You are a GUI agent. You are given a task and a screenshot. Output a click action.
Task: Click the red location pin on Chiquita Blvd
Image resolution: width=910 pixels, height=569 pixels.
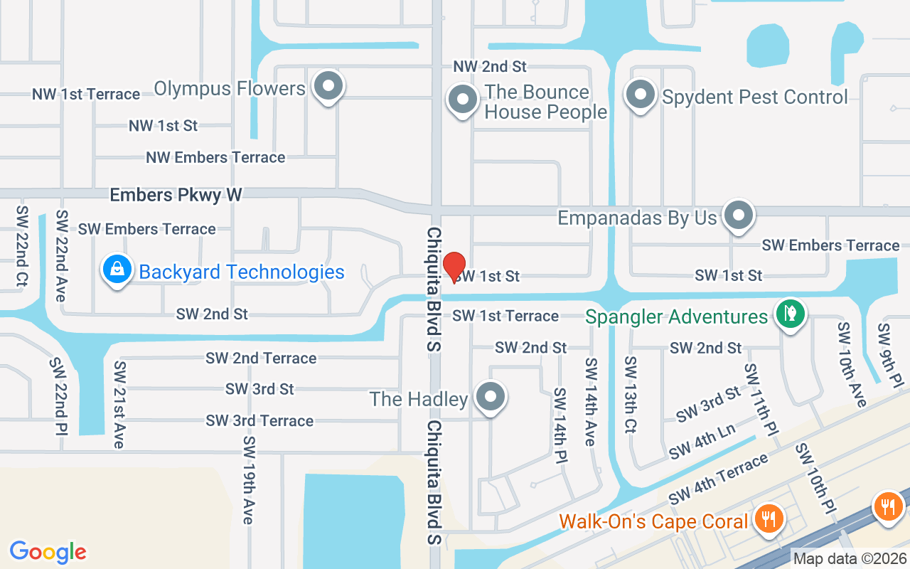click(x=454, y=267)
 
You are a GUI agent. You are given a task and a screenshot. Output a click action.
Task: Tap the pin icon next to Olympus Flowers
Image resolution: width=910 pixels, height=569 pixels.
click(x=328, y=87)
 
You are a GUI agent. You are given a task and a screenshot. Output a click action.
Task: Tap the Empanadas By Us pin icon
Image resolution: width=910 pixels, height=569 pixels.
click(x=739, y=216)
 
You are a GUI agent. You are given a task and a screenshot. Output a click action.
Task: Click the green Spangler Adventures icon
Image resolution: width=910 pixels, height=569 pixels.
click(x=789, y=313)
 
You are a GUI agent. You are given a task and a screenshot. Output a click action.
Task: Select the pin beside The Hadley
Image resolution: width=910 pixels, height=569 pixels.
click(x=490, y=398)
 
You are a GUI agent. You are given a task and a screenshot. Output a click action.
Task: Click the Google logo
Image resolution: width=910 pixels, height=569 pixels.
click(x=48, y=552)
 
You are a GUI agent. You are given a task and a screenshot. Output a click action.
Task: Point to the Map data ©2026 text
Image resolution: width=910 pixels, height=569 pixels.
click(x=849, y=558)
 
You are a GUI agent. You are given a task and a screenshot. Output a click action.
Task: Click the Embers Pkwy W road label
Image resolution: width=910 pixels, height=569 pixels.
click(x=176, y=195)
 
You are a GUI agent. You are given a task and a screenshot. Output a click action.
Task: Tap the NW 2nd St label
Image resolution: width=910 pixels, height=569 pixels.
click(x=490, y=67)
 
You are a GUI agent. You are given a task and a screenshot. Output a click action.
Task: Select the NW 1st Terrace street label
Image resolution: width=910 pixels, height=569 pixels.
click(x=86, y=94)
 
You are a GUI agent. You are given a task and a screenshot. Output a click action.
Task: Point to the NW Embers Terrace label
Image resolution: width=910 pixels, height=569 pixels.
click(x=215, y=157)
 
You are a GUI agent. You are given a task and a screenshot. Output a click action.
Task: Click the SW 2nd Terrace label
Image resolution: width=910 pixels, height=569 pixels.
click(x=261, y=358)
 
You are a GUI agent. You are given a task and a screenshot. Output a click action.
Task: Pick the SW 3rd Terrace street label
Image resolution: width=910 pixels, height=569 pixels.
click(x=259, y=420)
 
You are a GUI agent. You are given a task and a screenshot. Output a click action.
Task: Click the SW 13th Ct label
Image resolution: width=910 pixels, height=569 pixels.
click(x=630, y=395)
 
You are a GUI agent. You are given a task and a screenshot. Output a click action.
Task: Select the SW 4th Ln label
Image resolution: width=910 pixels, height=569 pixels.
click(x=702, y=440)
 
